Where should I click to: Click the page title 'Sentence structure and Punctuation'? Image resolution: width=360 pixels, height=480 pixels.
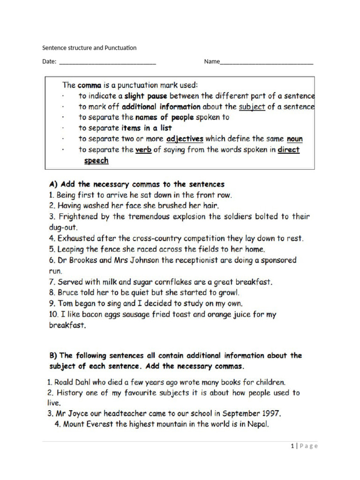(x=89, y=48)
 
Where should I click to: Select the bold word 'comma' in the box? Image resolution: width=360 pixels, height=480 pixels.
(x=90, y=85)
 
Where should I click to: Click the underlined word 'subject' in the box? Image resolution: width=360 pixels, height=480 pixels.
(x=252, y=106)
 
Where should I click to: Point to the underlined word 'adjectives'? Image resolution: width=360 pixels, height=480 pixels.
(x=185, y=139)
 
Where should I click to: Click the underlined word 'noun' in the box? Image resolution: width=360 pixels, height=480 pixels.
(x=294, y=139)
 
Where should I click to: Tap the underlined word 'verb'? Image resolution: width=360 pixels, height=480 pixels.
(x=143, y=150)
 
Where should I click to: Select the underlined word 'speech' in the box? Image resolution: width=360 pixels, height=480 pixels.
(x=96, y=160)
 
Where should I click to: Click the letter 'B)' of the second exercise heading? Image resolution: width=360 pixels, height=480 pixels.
(x=53, y=355)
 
